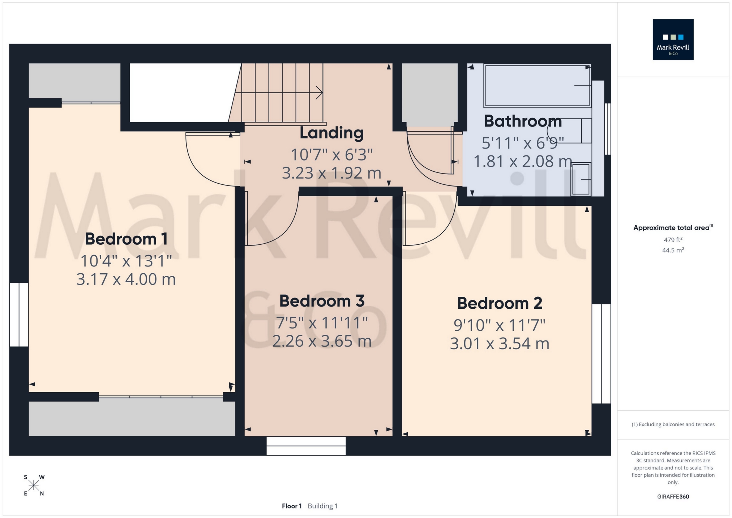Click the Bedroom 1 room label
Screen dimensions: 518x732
pyautogui.click(x=126, y=239)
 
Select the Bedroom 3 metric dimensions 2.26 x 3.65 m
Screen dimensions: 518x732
pyautogui.click(x=322, y=341)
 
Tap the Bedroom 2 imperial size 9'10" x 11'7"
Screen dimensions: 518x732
pyautogui.click(x=499, y=325)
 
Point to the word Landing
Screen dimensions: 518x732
pyautogui.click(x=331, y=133)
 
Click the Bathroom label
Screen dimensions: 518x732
pyautogui.click(x=523, y=121)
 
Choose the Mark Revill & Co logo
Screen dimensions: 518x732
pyautogui.click(x=673, y=39)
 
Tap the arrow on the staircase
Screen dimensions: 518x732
pyautogui.click(x=318, y=93)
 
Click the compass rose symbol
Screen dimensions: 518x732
pyautogui.click(x=34, y=485)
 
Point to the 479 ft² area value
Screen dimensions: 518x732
pyautogui.click(x=673, y=240)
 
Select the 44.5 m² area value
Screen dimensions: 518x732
pyautogui.click(x=673, y=250)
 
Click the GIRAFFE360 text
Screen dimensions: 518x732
pyautogui.click(x=673, y=497)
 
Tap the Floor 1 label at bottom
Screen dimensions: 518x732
pyautogui.click(x=291, y=506)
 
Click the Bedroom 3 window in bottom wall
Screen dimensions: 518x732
pyautogui.click(x=306, y=446)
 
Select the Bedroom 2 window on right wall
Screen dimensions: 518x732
pyautogui.click(x=601, y=354)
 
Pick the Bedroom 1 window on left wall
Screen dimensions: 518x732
pyautogui.click(x=19, y=314)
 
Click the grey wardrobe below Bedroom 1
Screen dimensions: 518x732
pyautogui.click(x=132, y=419)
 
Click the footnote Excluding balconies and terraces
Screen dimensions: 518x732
pyautogui.click(x=673, y=424)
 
